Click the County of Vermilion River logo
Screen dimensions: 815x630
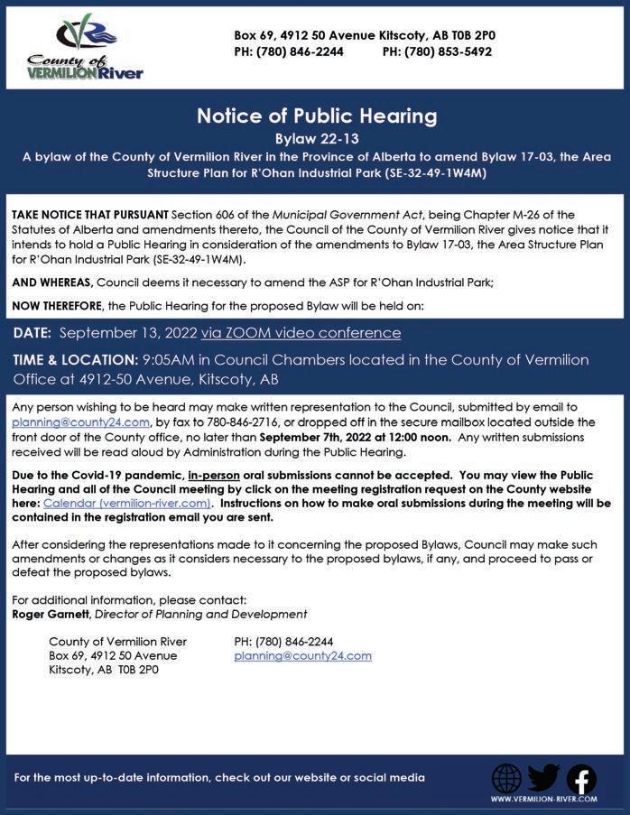(84, 48)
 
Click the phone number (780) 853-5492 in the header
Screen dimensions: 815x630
(437, 52)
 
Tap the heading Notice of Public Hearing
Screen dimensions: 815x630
(316, 116)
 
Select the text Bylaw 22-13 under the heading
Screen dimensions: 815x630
(316, 139)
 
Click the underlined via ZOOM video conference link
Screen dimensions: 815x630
(301, 333)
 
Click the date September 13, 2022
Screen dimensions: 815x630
(128, 333)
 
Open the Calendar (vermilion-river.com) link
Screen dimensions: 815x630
(126, 503)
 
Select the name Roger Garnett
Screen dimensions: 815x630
(51, 615)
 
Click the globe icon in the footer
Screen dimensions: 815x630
(506, 778)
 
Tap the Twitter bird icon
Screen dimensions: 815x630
(543, 777)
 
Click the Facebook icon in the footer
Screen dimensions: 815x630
(580, 778)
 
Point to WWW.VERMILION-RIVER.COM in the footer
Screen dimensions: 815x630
(543, 799)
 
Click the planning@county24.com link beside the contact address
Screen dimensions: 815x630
(302, 656)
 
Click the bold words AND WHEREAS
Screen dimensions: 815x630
(52, 282)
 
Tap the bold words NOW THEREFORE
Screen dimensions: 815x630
(56, 306)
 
